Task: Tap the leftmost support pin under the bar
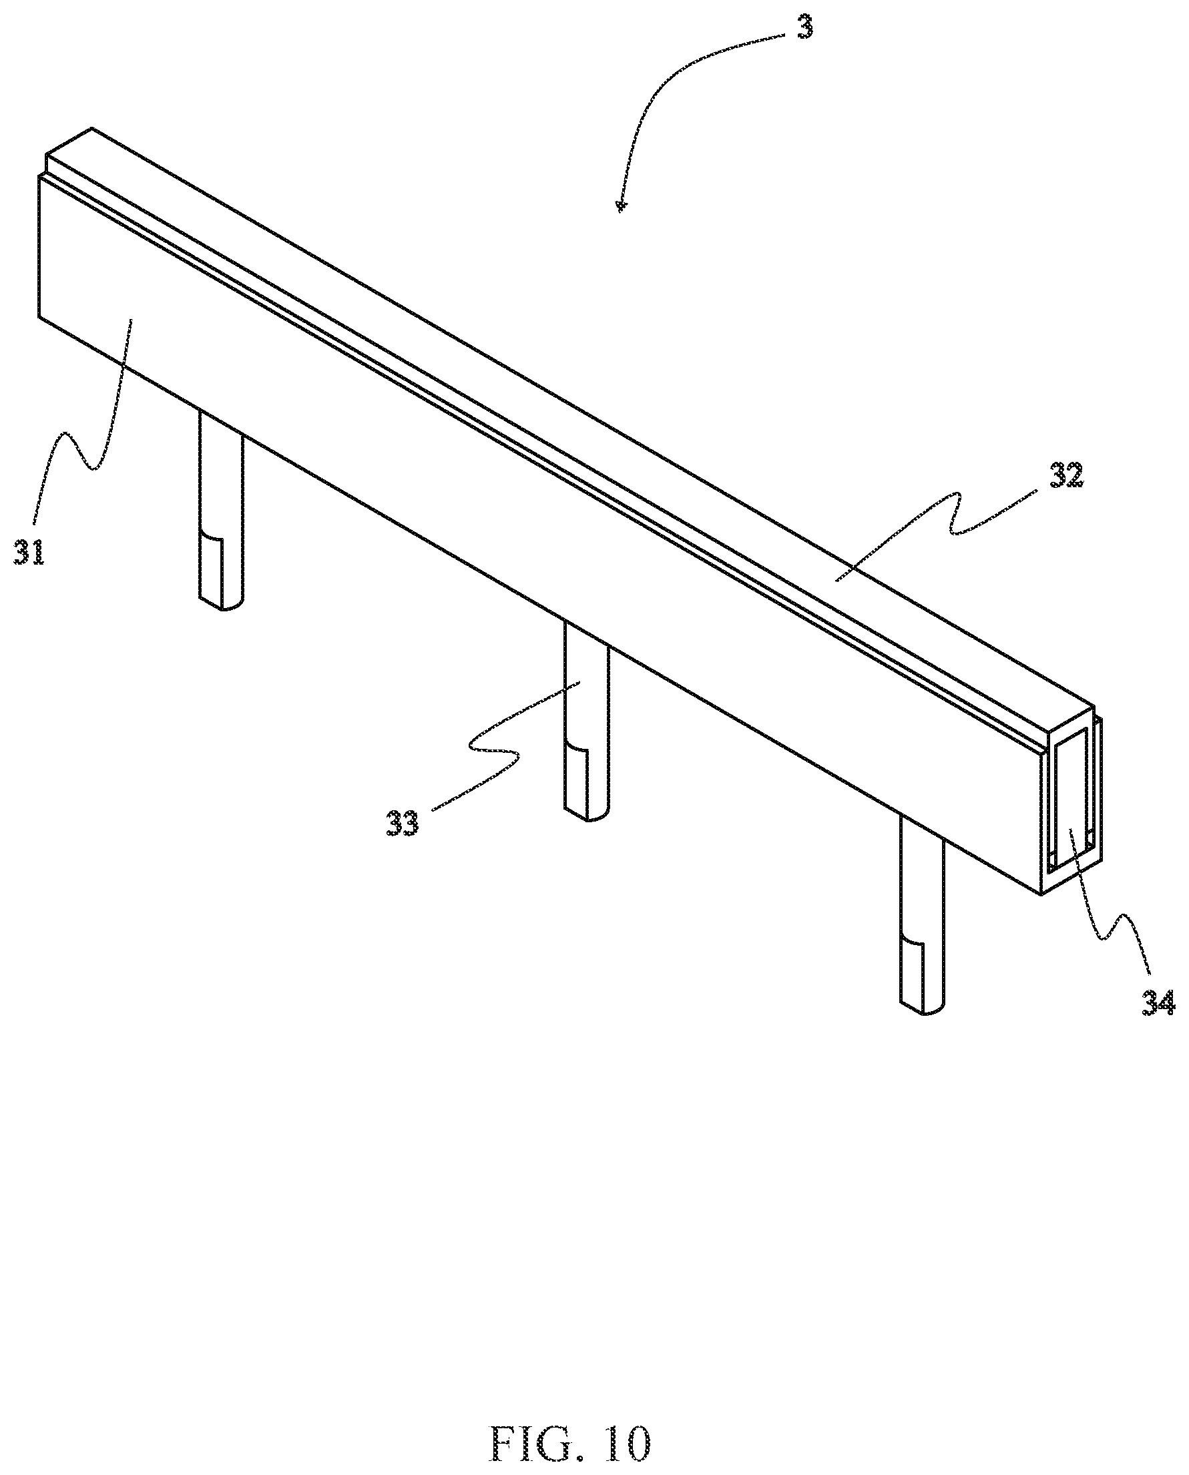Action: (221, 507)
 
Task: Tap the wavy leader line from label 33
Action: (493, 746)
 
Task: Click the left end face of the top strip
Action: (47, 162)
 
